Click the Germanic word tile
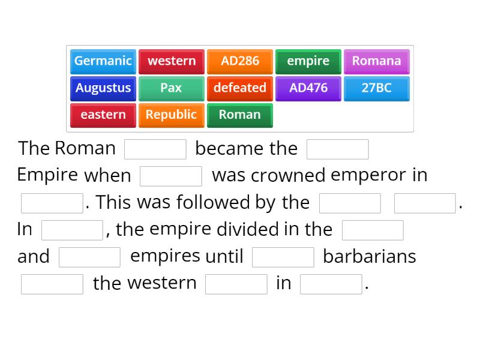pos(103,61)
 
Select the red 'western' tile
pos(172,61)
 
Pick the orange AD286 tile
pos(240,61)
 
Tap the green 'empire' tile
pos(308,61)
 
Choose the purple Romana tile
pos(377,61)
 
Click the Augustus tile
pos(103,88)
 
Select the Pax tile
pos(172,88)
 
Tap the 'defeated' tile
pos(240,88)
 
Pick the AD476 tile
pos(308,88)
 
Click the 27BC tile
pos(377,88)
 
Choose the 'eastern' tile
pos(103,115)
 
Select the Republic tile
pos(172,115)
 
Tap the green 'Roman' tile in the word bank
pos(240,115)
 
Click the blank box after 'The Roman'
pos(155,149)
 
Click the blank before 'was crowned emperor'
pos(171,176)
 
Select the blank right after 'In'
pos(73,230)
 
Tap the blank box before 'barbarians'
pos(283,257)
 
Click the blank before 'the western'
pos(52,284)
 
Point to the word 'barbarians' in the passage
pos(370,257)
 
